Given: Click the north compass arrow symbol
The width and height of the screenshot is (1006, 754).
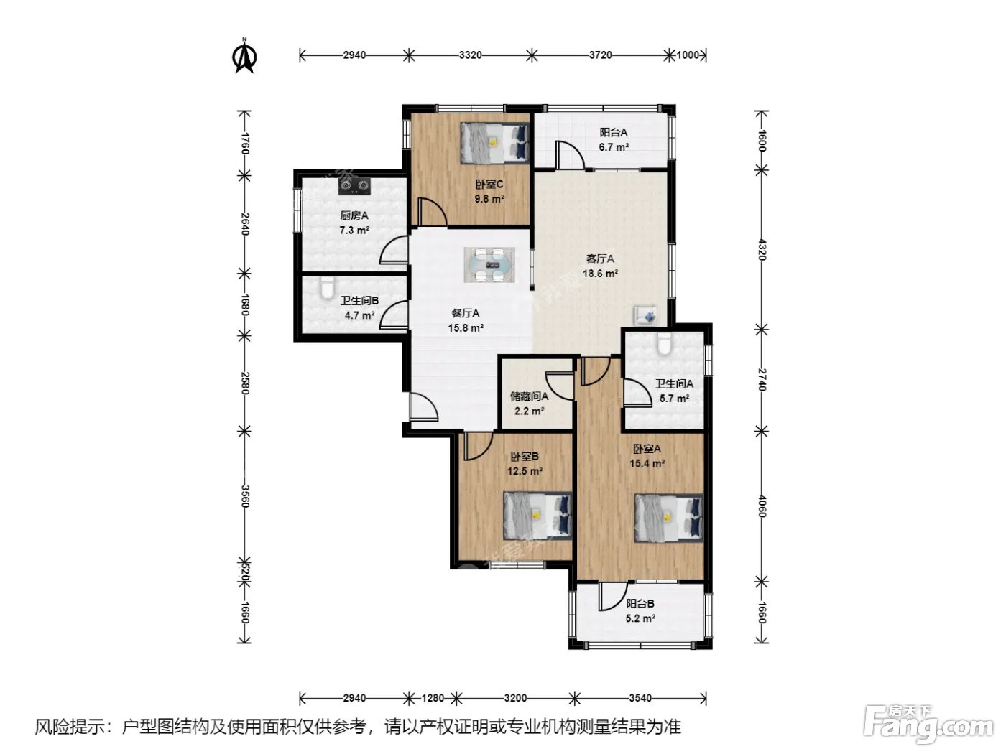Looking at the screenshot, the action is (x=245, y=56).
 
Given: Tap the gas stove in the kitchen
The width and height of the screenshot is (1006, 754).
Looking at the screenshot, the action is (x=354, y=186).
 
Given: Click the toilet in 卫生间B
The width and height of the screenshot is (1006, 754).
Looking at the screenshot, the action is (x=327, y=287).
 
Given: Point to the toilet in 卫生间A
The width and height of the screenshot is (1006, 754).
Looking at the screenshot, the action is (x=664, y=344).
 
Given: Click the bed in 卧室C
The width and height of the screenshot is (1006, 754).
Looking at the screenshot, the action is (x=494, y=143).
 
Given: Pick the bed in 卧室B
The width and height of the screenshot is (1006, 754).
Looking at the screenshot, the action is (x=537, y=516).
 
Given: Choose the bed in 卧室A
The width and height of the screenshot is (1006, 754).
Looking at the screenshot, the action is (x=669, y=518).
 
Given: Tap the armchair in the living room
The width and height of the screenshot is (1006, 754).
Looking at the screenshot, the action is (x=645, y=316).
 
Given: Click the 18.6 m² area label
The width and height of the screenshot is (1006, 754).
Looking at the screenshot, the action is (x=600, y=274).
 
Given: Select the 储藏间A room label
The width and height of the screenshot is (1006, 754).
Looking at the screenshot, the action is (x=530, y=396).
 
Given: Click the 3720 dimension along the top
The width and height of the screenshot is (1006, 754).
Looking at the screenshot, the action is (x=600, y=55).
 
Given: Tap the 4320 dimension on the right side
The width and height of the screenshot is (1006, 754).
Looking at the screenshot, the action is (x=761, y=249).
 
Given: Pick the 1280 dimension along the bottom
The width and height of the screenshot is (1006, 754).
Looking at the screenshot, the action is (x=433, y=698).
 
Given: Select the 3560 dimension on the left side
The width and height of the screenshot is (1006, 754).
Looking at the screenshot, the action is (x=245, y=496).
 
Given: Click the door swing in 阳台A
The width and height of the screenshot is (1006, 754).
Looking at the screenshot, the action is (x=570, y=156).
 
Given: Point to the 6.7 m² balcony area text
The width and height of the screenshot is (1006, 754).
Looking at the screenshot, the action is (x=613, y=147).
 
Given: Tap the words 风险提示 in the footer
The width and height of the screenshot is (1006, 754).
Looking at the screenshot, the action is (x=70, y=727).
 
